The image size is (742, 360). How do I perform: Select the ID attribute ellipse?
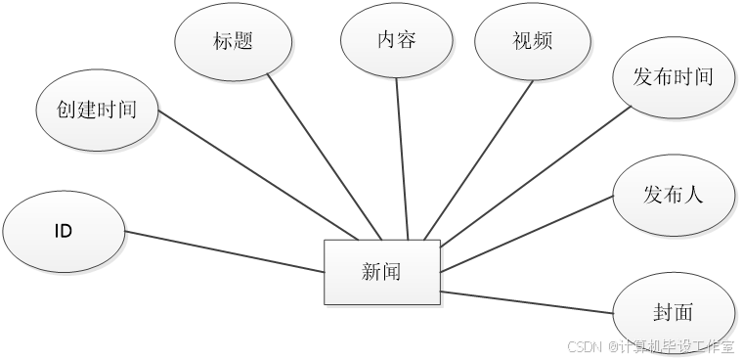(x=64, y=232)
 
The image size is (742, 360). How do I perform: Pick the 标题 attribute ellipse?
(x=233, y=42)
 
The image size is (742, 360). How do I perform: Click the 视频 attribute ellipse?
(x=533, y=42)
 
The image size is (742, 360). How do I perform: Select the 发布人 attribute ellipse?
(x=674, y=195)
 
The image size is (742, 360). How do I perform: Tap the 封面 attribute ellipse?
(x=674, y=312)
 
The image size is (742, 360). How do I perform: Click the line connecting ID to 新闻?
(x=225, y=252)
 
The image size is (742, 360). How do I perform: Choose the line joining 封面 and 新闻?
(x=528, y=302)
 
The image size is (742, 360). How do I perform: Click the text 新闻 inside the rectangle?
(x=381, y=272)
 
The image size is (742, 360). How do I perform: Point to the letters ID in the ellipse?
(x=64, y=233)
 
